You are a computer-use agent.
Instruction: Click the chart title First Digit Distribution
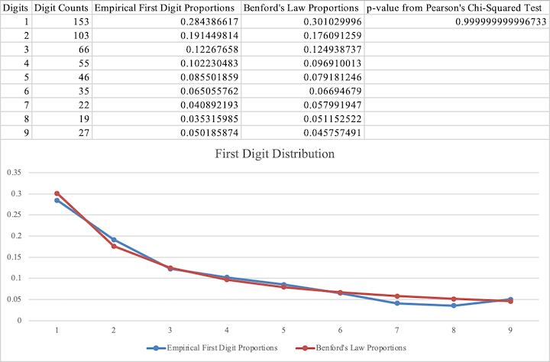pos(275,153)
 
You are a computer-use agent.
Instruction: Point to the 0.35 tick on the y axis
pos(13,172)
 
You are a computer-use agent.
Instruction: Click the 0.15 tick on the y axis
pos(13,257)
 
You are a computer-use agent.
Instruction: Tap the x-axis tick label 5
pos(283,331)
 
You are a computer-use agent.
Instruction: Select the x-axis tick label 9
pos(510,331)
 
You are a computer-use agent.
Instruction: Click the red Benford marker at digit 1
pos(57,193)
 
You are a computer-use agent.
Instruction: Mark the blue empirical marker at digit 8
pos(453,305)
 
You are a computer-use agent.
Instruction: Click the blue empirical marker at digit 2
pos(113,240)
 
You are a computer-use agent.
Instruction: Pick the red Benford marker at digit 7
pos(396,296)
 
